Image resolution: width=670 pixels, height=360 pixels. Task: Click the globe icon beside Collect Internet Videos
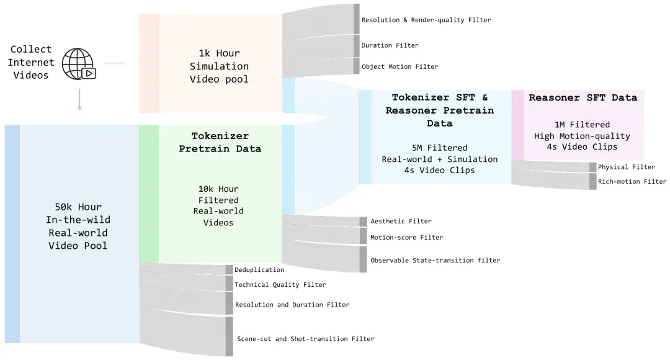click(x=79, y=64)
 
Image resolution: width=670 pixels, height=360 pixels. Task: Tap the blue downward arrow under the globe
click(x=79, y=99)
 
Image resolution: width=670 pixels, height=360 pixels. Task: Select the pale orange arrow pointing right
click(x=115, y=63)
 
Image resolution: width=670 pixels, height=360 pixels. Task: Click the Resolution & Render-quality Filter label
click(x=426, y=20)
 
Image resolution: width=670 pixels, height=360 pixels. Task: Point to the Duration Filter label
click(x=390, y=45)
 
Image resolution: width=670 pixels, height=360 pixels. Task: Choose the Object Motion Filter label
click(x=400, y=66)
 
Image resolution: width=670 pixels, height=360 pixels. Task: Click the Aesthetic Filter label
click(x=401, y=221)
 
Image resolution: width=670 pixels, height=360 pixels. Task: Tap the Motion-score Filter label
click(x=406, y=237)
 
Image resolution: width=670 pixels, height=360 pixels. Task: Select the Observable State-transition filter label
click(x=435, y=261)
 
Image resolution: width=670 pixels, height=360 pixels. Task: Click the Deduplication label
click(x=259, y=270)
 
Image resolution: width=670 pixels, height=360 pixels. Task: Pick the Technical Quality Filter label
click(x=280, y=285)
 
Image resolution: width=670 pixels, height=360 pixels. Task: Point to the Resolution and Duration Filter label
click(x=292, y=305)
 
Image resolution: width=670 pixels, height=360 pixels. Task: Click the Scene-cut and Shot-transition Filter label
click(x=305, y=339)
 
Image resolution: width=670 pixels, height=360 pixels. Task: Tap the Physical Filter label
click(x=626, y=167)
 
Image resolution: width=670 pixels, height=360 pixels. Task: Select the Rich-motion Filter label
click(x=632, y=182)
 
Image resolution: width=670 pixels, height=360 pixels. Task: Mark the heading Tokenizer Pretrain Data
click(x=220, y=142)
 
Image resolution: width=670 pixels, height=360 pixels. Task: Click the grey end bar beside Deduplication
click(x=230, y=270)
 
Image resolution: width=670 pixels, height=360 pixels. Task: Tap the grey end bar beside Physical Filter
click(x=592, y=167)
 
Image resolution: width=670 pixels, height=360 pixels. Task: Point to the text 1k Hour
click(x=219, y=53)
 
